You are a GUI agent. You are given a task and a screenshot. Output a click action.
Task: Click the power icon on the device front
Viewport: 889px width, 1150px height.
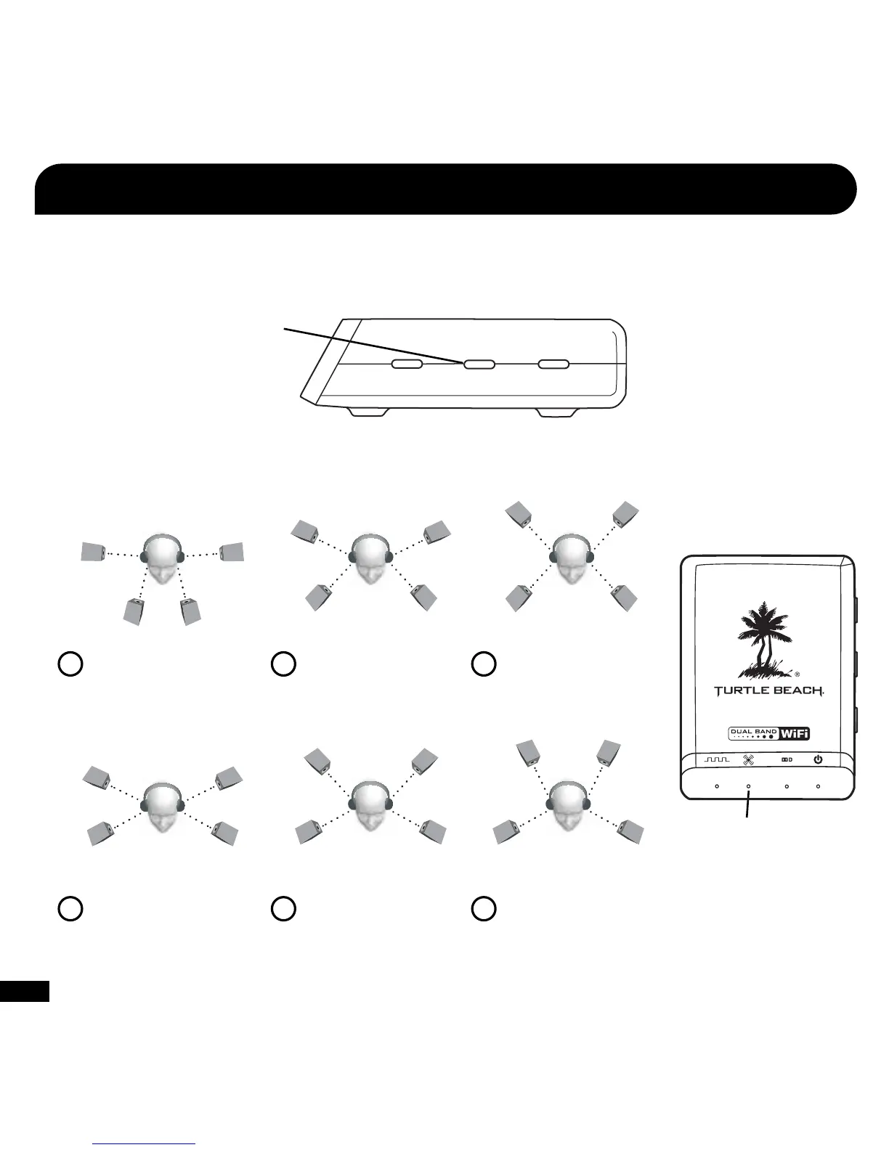(818, 760)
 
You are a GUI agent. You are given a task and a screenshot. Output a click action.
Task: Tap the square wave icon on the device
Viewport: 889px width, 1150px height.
(716, 759)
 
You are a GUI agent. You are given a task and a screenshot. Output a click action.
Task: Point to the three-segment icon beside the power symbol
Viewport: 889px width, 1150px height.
(787, 760)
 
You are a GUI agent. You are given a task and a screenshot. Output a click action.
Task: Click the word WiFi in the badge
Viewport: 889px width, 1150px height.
(795, 733)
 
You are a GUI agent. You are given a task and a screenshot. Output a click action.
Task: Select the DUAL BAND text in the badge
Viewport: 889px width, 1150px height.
(754, 731)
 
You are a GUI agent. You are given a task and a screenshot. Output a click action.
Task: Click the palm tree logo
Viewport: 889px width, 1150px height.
(761, 640)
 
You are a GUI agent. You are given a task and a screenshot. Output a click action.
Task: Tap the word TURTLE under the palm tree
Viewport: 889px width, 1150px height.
(739, 691)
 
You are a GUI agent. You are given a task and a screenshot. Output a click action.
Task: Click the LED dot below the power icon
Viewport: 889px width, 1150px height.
(818, 786)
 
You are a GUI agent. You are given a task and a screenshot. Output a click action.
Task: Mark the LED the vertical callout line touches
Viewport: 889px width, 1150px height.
(748, 786)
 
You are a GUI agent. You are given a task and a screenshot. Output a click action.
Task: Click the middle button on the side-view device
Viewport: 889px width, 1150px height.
(479, 364)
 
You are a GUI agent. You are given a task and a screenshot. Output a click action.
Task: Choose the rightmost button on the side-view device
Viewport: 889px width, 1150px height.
(553, 364)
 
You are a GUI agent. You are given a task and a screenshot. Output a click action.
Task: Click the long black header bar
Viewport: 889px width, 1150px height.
(444, 189)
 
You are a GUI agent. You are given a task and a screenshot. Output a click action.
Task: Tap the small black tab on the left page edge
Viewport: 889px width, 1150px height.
(24, 991)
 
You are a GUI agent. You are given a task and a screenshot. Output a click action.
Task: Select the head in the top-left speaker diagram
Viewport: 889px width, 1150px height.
(161, 560)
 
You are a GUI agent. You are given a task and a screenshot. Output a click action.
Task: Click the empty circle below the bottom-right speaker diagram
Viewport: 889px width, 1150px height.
(484, 909)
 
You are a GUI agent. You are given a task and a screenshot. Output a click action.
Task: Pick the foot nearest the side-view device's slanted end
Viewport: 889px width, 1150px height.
(368, 412)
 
